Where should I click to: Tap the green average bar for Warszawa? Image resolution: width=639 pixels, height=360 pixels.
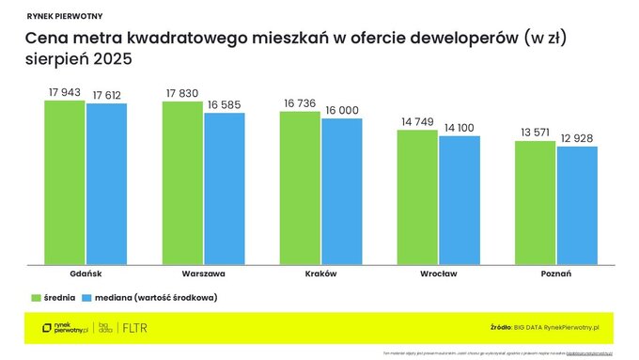tap(182, 182)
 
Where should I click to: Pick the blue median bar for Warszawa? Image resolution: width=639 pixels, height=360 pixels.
tap(224, 188)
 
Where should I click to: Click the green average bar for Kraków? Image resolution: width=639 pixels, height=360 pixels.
tap(300, 187)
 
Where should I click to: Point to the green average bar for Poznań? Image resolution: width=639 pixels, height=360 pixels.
tap(535, 202)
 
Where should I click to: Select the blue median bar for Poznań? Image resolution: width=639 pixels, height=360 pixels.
tap(576, 205)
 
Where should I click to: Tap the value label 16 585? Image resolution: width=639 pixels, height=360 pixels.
tap(224, 104)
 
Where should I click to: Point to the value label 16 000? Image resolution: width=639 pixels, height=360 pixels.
tap(341, 110)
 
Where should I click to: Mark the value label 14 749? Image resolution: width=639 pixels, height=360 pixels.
tap(417, 121)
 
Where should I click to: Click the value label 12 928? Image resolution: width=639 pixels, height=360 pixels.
tap(576, 138)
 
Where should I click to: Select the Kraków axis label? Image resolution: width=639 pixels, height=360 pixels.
tap(320, 273)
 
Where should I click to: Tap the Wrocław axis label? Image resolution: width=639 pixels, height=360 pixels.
tap(438, 273)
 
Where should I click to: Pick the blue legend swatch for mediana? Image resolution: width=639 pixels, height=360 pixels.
tap(86, 297)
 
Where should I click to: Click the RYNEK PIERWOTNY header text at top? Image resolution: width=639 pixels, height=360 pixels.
tap(66, 16)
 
